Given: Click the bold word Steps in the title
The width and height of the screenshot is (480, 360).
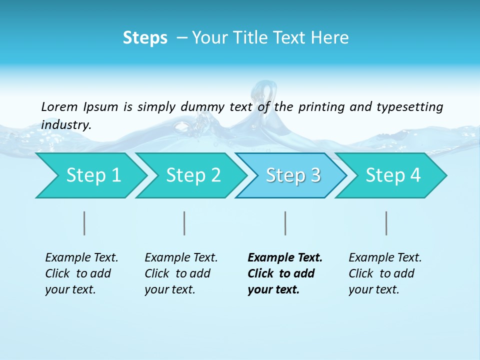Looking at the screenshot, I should click(145, 38).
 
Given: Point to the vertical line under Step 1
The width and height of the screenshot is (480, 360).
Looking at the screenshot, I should click(84, 223).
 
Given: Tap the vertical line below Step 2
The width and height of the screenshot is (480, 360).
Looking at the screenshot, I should click(184, 223).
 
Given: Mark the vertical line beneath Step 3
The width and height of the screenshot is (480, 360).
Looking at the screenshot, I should click(285, 223).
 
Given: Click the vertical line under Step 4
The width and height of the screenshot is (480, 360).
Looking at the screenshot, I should click(386, 223).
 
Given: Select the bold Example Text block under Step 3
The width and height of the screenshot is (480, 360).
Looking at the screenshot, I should click(284, 273).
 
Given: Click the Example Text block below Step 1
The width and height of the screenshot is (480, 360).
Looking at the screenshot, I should click(81, 273).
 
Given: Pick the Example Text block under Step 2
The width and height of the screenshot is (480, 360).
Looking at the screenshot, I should click(181, 273).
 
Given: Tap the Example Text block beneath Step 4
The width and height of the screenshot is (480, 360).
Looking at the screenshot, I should click(385, 273).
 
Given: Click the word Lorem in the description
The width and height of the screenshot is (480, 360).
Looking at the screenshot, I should click(59, 107).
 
